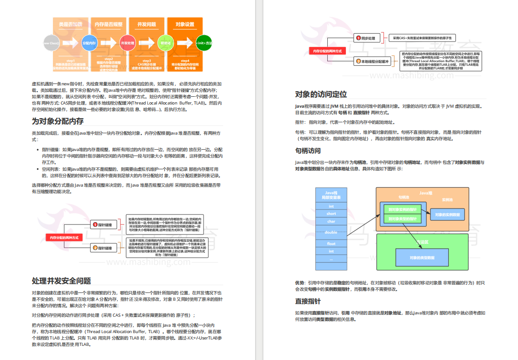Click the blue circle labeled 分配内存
[89, 43]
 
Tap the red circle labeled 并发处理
[127, 43]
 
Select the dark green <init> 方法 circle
[204, 43]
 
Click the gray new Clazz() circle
[51, 43]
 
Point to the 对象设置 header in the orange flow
[184, 24]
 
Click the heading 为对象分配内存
[58, 121]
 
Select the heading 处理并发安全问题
[61, 281]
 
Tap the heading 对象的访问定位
[321, 94]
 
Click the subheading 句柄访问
[308, 151]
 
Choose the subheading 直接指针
[308, 301]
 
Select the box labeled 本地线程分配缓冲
[373, 61]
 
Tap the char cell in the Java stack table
[331, 221]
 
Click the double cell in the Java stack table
[331, 232]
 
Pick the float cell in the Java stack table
[331, 244]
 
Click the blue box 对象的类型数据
[422, 258]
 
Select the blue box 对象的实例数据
[447, 214]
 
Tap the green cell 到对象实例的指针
[402, 209]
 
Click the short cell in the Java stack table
[331, 214]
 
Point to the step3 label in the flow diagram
[147, 60]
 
